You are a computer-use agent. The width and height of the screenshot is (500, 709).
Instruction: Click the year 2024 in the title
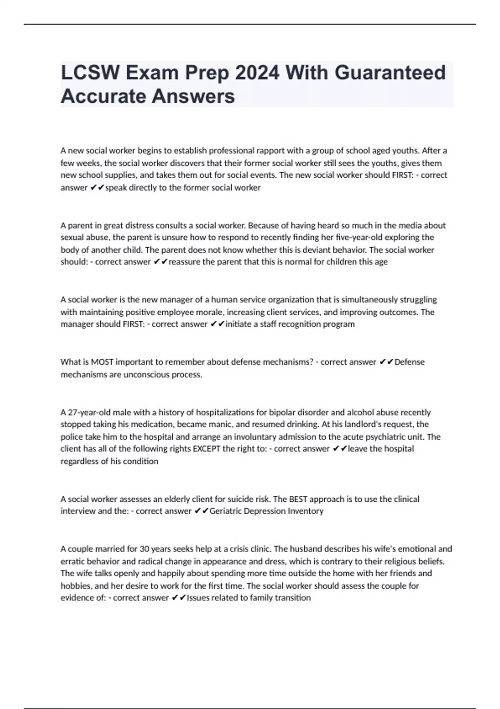pyautogui.click(x=257, y=73)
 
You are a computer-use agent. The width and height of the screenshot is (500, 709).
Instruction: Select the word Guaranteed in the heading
pyautogui.click(x=390, y=73)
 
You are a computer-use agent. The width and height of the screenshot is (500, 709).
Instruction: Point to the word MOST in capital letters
pyautogui.click(x=102, y=362)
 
